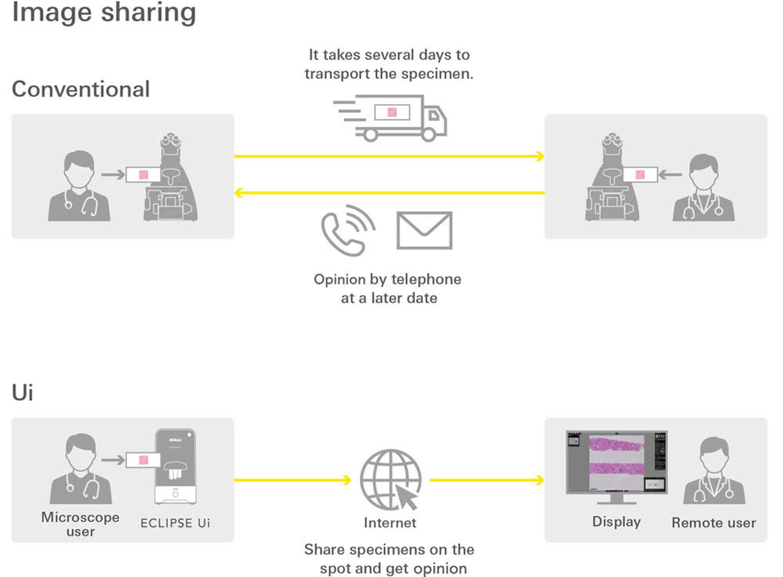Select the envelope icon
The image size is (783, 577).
tap(424, 230)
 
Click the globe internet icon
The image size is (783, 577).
tap(390, 479)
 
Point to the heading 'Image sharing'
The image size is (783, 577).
tap(104, 13)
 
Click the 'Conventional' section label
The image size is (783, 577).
tap(81, 89)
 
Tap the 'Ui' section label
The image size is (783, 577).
tap(22, 392)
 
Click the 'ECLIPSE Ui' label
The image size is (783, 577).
tap(175, 523)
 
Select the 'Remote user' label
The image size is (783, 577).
tap(714, 523)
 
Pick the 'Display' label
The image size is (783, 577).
tap(616, 522)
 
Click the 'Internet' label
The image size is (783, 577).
tap(390, 523)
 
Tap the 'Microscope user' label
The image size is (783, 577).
tap(80, 524)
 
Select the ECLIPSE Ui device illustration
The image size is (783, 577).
tap(175, 466)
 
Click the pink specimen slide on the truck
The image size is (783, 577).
tap(392, 112)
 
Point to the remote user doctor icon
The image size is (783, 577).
tap(714, 470)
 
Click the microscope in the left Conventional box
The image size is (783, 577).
tap(171, 178)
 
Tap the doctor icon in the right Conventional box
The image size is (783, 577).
tap(704, 188)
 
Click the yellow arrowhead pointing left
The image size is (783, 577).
tap(238, 193)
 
